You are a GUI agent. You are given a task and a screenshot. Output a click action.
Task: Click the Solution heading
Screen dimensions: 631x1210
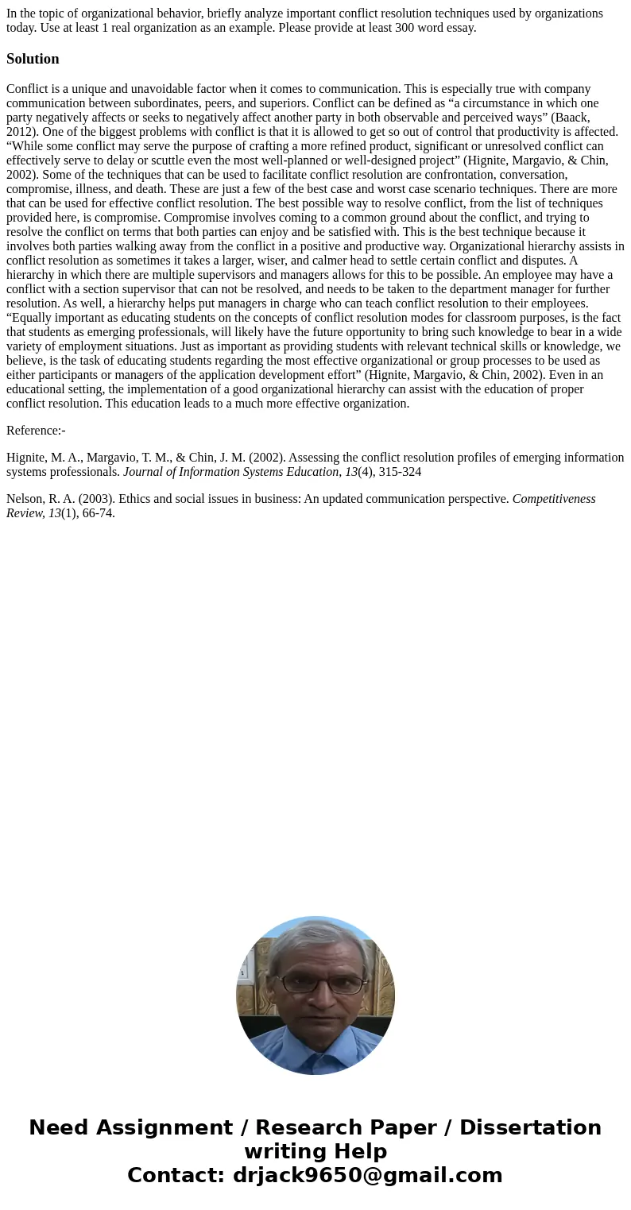(x=33, y=59)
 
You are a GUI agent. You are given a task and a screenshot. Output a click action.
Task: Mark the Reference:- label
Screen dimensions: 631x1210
(x=36, y=431)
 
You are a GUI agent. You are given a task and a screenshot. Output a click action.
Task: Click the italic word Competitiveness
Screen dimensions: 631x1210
(x=554, y=499)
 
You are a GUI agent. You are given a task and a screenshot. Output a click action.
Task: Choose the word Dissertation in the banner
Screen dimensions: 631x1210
(x=530, y=1128)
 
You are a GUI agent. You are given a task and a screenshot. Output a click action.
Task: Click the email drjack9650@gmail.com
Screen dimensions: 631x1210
(x=367, y=1176)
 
